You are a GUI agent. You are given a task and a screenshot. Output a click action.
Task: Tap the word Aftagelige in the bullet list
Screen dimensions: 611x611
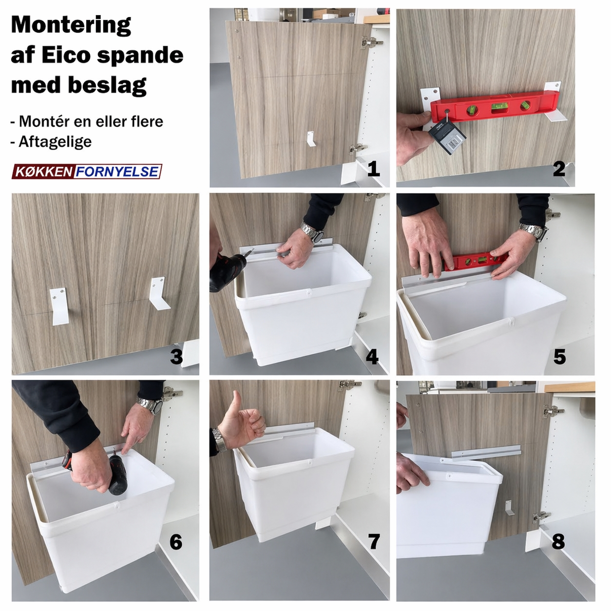pos(55,142)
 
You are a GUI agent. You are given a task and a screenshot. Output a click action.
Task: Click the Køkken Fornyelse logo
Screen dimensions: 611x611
pos(87,172)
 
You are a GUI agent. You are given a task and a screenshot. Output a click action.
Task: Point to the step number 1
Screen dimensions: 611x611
pos(374,169)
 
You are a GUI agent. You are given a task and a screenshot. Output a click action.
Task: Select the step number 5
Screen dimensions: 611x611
pos(559,357)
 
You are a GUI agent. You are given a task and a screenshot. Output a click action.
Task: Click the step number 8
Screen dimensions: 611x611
pos(558,541)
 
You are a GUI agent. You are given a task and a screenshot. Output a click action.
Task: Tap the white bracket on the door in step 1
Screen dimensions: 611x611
pos(311,139)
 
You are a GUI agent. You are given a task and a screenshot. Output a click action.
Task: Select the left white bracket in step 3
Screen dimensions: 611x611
pos(59,306)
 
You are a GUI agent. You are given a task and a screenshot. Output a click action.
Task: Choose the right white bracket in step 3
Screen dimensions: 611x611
pos(159,294)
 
